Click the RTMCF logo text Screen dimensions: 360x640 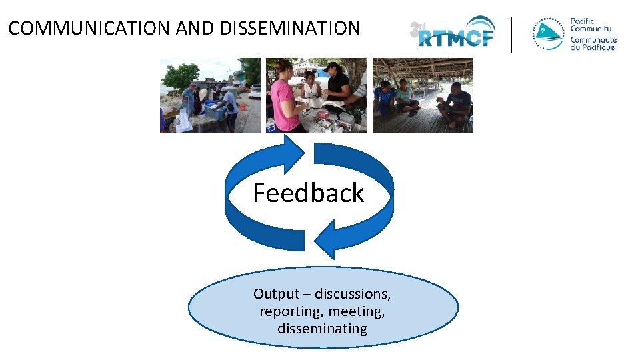click(456, 37)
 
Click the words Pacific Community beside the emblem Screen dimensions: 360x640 click(591, 25)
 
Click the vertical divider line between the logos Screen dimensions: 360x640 click(512, 35)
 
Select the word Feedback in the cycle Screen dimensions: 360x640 click(308, 193)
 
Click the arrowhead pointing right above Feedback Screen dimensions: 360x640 click(293, 152)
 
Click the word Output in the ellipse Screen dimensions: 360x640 click(276, 293)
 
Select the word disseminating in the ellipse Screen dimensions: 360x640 click(322, 328)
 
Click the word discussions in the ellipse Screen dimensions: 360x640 click(352, 293)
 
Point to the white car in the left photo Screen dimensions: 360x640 click(254, 91)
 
